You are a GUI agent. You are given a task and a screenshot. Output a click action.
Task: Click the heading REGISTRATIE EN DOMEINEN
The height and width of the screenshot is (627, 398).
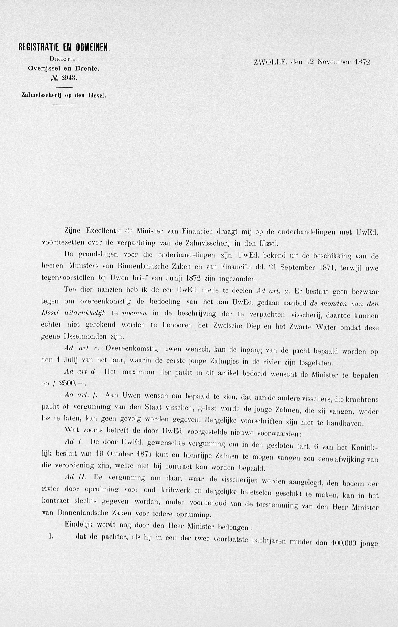click(64, 47)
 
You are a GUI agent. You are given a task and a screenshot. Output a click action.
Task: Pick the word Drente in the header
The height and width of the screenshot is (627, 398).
click(87, 69)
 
